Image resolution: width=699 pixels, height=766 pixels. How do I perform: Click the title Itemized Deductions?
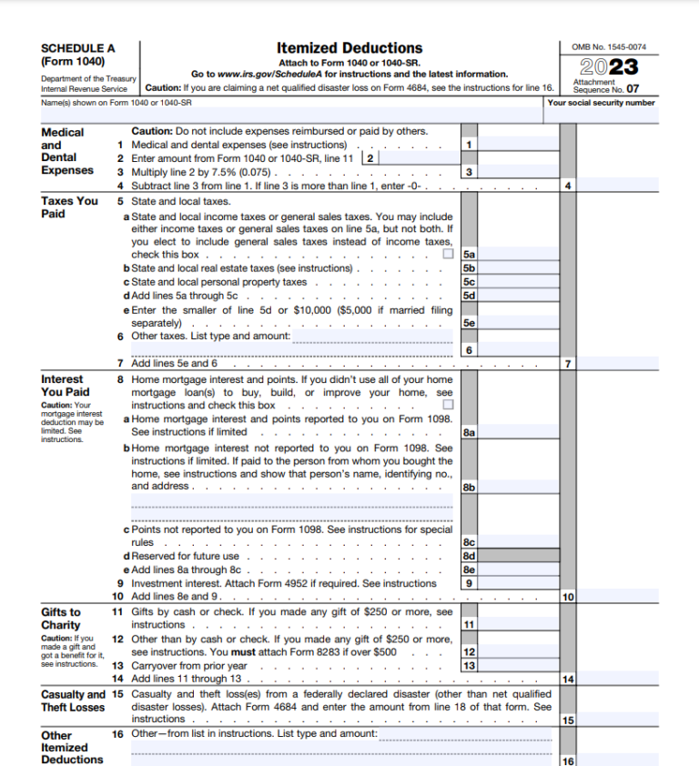349,47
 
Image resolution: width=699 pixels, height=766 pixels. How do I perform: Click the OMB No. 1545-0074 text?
609,47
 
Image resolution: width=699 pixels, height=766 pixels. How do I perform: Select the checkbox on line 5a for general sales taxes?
447,255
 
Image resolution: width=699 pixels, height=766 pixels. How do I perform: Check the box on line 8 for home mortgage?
447,405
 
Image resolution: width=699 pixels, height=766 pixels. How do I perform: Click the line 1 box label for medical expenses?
468,145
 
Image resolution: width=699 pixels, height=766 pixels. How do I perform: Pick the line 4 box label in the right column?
568,186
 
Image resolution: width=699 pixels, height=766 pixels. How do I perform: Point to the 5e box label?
469,323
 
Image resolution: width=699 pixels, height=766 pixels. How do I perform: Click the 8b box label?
469,488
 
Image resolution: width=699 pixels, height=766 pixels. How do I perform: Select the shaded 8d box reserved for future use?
511,556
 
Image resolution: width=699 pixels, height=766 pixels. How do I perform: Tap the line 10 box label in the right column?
568,598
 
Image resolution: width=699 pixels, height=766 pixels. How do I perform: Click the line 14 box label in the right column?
568,680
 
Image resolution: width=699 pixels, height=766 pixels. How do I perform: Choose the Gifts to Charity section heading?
61,619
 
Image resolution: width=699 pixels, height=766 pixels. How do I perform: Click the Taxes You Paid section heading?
69,207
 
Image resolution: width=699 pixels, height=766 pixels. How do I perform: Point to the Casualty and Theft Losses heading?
74,700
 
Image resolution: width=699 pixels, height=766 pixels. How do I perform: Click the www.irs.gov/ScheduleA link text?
265,74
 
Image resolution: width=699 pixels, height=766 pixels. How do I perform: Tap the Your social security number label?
601,103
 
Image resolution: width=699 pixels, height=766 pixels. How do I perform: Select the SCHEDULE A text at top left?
78,48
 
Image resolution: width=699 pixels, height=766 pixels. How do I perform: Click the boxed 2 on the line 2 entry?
370,158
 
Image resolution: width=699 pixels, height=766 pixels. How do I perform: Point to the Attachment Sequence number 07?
631,90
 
